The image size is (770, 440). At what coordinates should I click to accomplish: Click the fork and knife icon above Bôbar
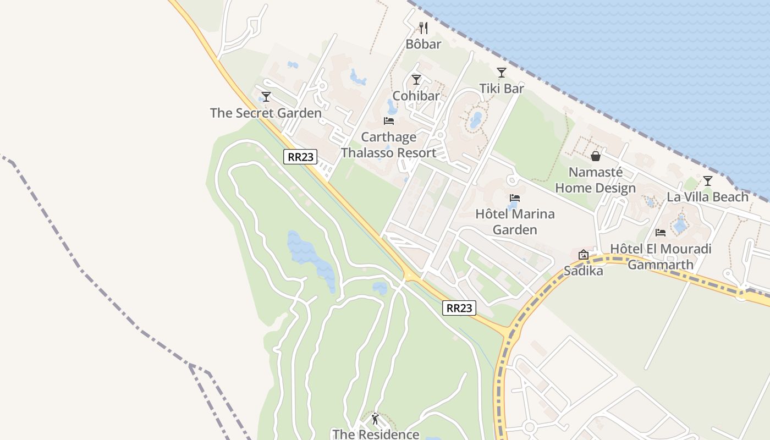[424, 28]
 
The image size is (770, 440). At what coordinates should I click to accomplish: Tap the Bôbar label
[424, 44]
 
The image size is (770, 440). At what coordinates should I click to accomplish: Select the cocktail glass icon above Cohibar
[416, 80]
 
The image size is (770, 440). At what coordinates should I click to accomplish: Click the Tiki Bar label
[501, 88]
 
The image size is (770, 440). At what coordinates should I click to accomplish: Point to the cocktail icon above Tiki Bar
[501, 73]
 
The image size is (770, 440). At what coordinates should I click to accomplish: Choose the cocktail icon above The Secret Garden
[266, 97]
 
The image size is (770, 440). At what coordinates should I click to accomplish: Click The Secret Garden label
[266, 113]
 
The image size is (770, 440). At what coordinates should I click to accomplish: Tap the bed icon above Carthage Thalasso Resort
[389, 121]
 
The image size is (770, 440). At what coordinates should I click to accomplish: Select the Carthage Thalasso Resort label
[388, 145]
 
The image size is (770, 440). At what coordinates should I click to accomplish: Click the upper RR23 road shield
[301, 157]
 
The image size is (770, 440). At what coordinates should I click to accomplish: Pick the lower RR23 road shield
[459, 308]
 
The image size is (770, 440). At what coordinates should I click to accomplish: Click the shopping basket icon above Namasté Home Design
[596, 157]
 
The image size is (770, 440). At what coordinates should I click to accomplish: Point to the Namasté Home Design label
[595, 180]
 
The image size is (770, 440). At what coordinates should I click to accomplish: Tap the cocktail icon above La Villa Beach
[708, 181]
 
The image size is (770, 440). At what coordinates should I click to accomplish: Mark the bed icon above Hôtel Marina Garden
[515, 198]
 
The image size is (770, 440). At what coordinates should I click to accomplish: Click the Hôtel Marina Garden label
[515, 222]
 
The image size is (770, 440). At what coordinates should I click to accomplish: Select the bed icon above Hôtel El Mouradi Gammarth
[661, 233]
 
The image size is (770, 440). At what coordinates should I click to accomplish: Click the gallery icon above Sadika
[584, 255]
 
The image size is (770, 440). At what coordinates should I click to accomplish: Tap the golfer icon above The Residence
[376, 419]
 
